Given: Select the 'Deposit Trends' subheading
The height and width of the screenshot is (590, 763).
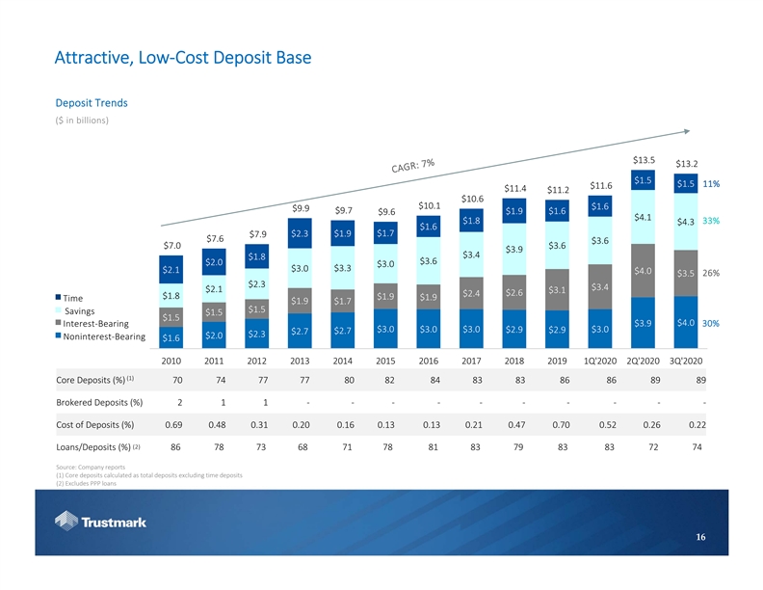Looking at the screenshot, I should tap(92, 102).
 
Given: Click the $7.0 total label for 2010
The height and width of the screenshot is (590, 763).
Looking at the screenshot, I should tap(172, 246).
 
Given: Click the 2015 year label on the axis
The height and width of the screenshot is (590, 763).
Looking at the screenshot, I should tap(387, 362).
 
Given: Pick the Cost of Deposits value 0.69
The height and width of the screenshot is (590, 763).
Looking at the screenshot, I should tap(173, 425).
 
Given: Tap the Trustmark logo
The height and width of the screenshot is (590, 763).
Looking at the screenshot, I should tap(100, 523).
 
